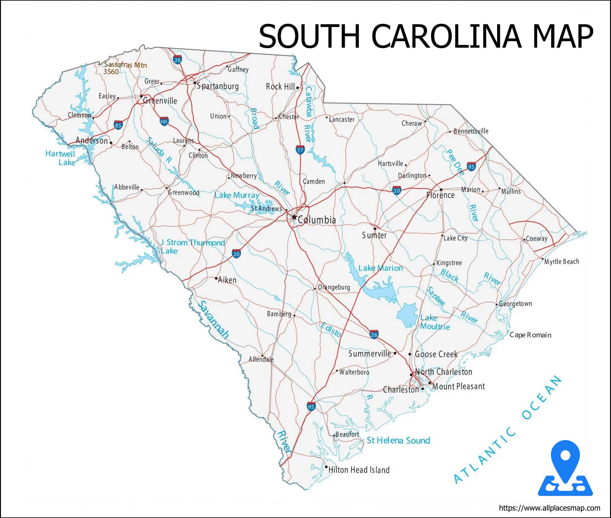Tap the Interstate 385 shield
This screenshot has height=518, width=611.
pyautogui.click(x=164, y=121)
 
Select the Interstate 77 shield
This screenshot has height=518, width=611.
pyautogui.click(x=300, y=150)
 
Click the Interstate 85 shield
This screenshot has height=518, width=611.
pyautogui.click(x=118, y=125)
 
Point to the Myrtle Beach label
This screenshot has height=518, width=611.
pyautogui.click(x=562, y=261)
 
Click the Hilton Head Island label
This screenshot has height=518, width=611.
pyautogui.click(x=359, y=470)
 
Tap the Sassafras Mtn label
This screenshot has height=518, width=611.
pyautogui.click(x=125, y=65)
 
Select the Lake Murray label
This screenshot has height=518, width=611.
pyautogui.click(x=237, y=195)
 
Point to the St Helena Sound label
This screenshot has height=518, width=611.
pyautogui.click(x=398, y=440)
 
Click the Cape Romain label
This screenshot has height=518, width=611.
pyautogui.click(x=530, y=335)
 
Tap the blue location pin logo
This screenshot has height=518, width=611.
pyautogui.click(x=565, y=468)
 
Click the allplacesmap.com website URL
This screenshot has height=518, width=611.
pyautogui.click(x=549, y=508)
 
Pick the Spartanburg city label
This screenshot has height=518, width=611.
pyautogui.click(x=218, y=86)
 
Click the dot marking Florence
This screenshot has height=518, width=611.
pyautogui.click(x=441, y=189)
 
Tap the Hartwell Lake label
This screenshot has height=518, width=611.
pyautogui.click(x=60, y=158)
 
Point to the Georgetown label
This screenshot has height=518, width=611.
pyautogui.click(x=515, y=303)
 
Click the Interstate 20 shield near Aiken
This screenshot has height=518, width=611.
pyautogui.click(x=236, y=254)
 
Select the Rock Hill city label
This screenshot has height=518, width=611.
pyautogui.click(x=280, y=87)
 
